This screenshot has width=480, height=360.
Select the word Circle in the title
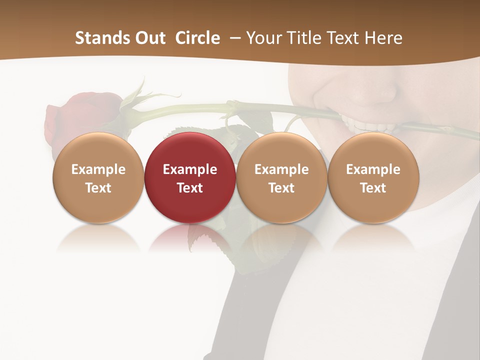click(x=197, y=38)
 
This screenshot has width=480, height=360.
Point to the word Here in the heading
click(x=383, y=38)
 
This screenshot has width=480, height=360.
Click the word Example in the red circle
click(x=190, y=169)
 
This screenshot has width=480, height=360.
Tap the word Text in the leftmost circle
click(x=98, y=188)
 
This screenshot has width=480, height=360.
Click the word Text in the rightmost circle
click(x=373, y=188)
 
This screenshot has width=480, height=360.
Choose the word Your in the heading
click(x=263, y=38)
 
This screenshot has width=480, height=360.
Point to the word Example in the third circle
click(x=281, y=169)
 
